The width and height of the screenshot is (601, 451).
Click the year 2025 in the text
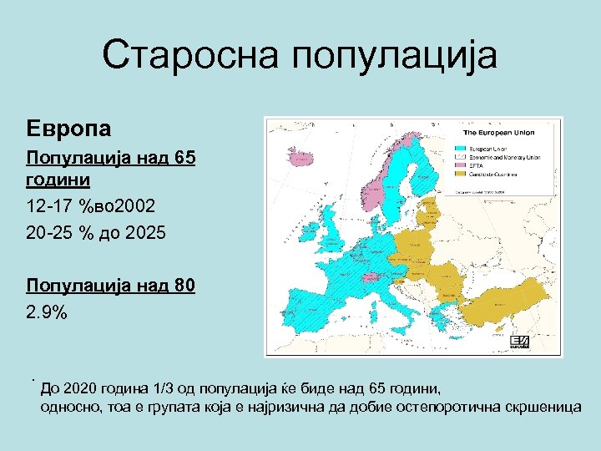(x=148, y=233)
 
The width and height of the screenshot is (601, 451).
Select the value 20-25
(x=48, y=233)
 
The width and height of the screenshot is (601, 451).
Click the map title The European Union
(x=498, y=133)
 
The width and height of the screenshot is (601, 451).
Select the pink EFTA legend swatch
(x=469, y=165)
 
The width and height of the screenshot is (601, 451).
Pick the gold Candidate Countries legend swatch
(x=469, y=174)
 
